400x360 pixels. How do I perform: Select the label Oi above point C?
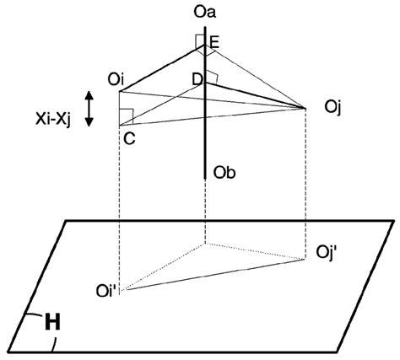tap(116, 78)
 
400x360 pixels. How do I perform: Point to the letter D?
tap(197, 79)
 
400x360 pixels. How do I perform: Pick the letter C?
tap(129, 139)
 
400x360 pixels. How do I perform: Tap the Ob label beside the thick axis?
tap(224, 174)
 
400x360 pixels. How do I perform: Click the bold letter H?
tap(51, 320)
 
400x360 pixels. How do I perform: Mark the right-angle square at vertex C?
tap(126, 116)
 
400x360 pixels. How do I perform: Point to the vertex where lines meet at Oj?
tap(305, 108)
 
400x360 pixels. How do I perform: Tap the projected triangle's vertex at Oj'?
tap(305, 258)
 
